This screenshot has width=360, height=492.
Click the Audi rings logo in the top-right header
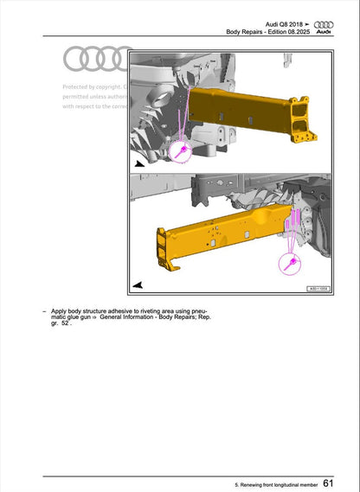[x=323, y=26]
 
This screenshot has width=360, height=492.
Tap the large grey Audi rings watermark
[x=98, y=59]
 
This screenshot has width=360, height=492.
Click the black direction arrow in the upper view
[x=139, y=163]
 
